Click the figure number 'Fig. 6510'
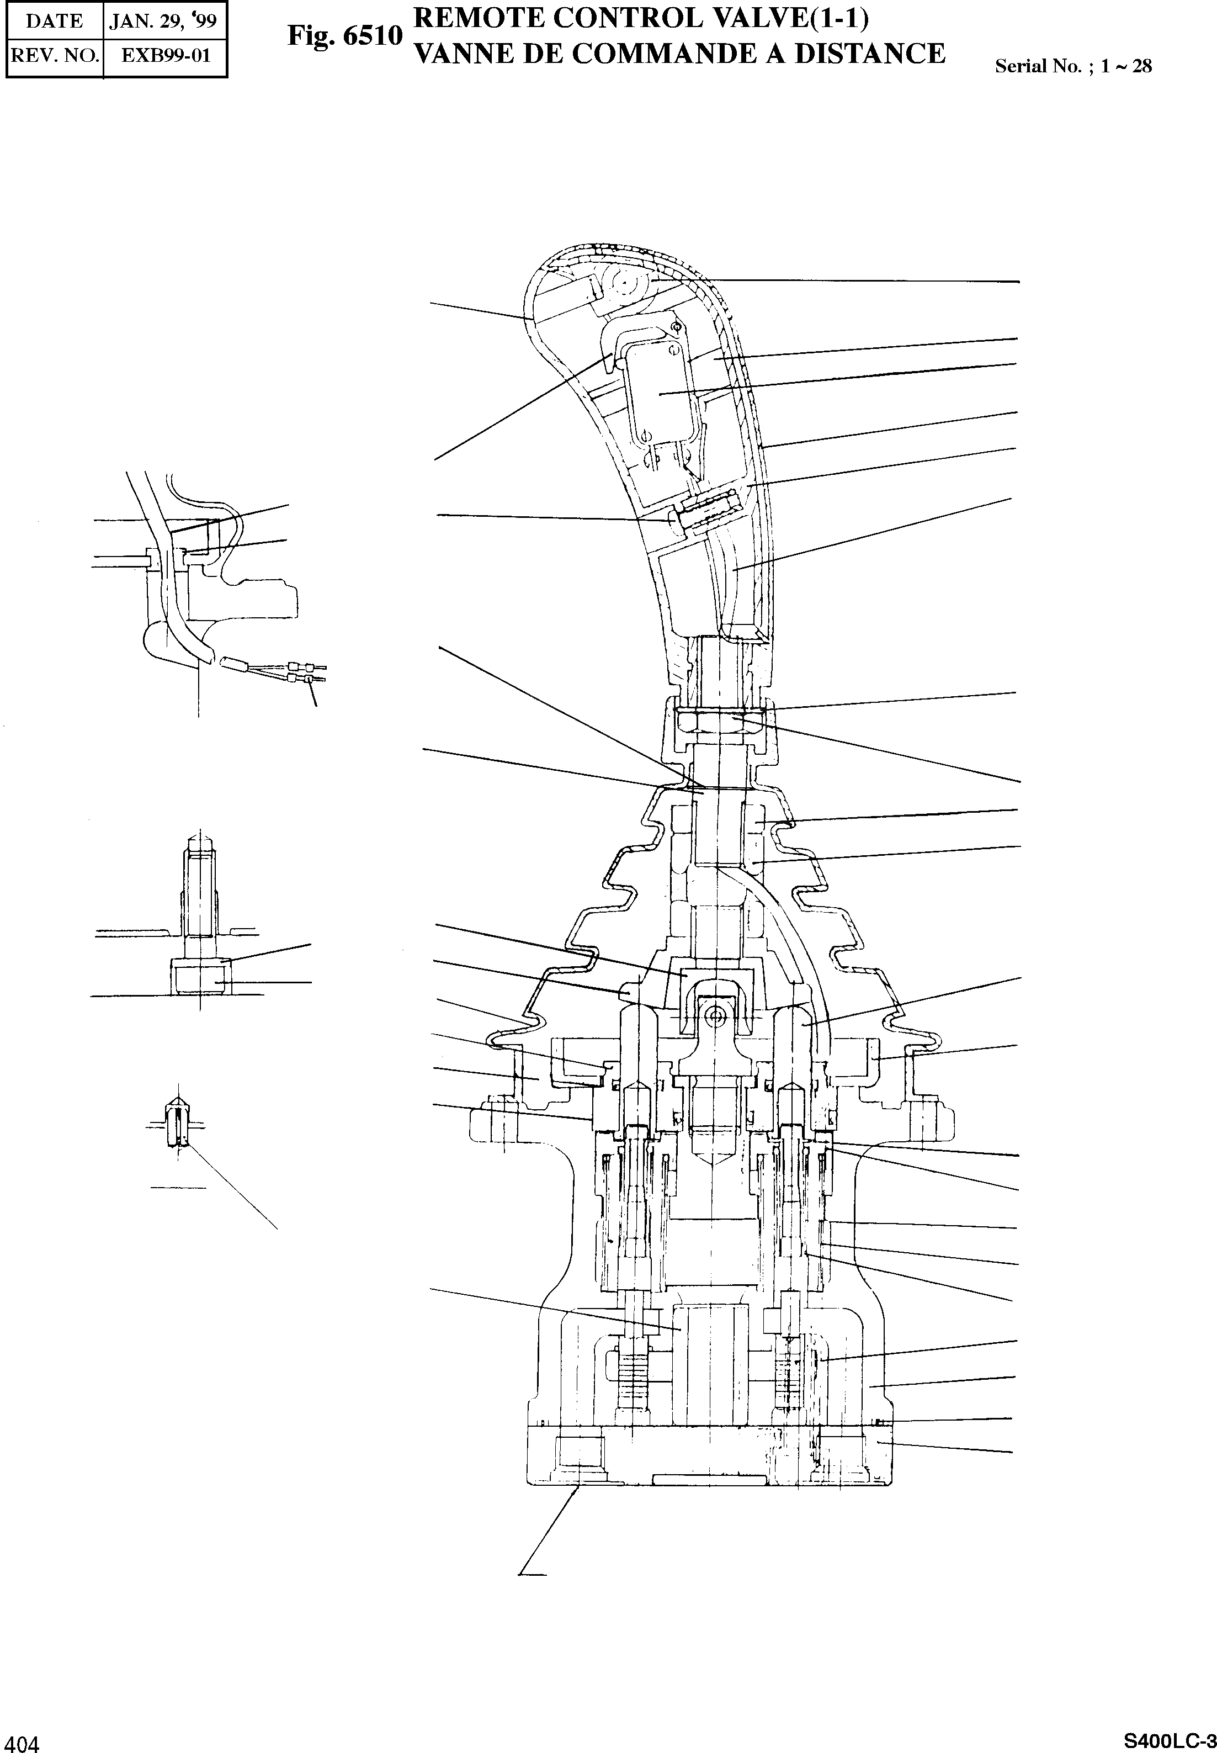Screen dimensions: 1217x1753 pos(344,36)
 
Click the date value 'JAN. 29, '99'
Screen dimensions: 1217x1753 pos(163,20)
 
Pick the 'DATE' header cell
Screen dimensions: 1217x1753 pos(54,20)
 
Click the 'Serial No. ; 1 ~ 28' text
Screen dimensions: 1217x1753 pos(1073,66)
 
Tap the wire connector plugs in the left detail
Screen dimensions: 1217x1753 pos(305,672)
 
